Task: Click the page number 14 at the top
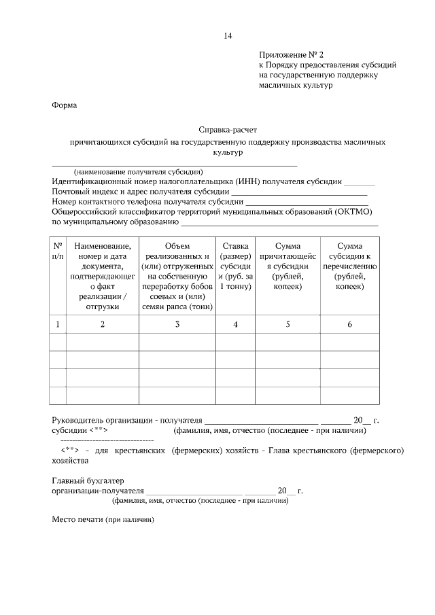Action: tap(228, 35)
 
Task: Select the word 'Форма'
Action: tap(65, 105)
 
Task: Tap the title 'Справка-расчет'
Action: tap(228, 129)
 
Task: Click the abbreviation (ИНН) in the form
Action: tap(249, 181)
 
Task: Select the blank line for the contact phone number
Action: tap(307, 203)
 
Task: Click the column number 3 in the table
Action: tap(177, 325)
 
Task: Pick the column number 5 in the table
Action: tap(288, 325)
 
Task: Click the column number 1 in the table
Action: tap(58, 325)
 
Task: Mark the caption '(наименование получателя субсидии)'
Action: tap(139, 172)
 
